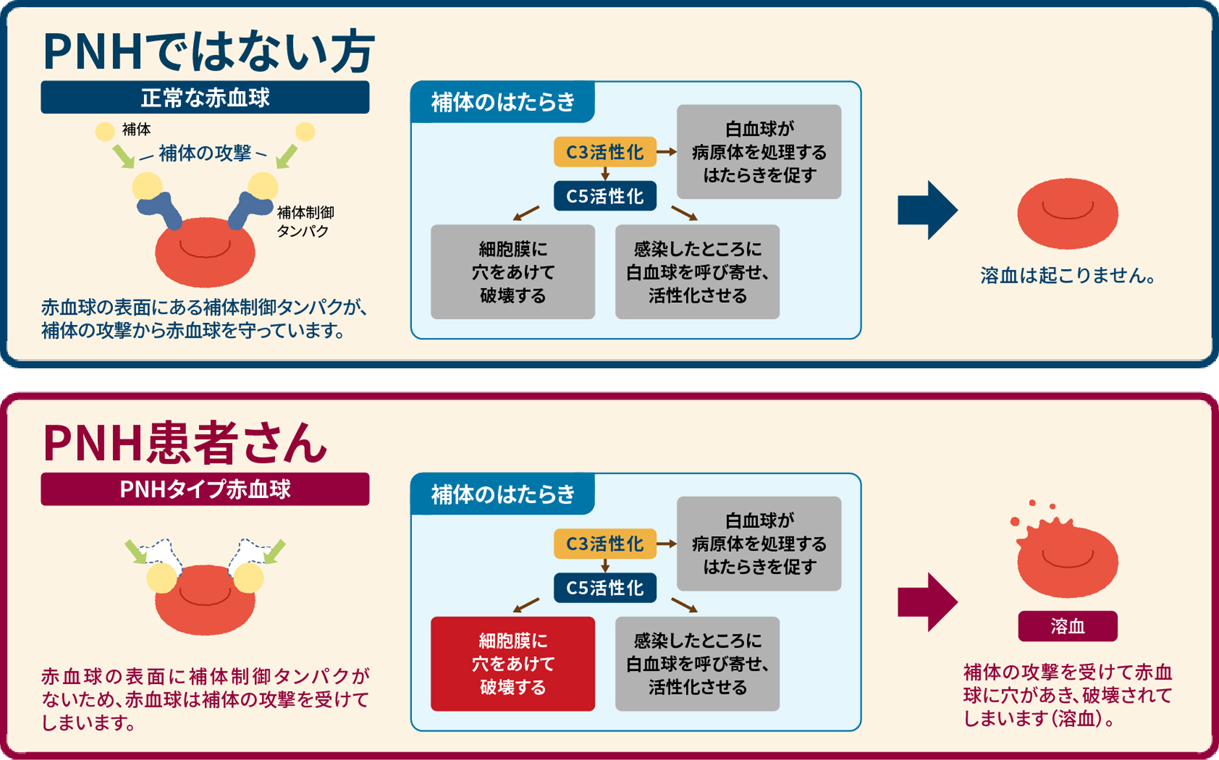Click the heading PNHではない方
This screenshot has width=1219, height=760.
(x=207, y=52)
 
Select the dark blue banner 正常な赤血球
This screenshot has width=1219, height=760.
(x=205, y=98)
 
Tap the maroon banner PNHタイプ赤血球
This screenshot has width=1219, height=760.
(x=205, y=489)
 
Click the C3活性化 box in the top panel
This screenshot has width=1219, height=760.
(x=604, y=152)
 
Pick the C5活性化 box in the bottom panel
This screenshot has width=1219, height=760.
(x=604, y=588)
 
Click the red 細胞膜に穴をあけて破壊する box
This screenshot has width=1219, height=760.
(x=512, y=663)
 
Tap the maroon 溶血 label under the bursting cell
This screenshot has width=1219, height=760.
(x=1067, y=626)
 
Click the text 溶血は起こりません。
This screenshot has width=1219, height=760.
(x=1068, y=276)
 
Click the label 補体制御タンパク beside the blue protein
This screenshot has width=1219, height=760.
(x=305, y=221)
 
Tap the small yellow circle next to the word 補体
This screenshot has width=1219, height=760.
(x=105, y=132)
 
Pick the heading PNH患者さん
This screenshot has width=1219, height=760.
(x=185, y=444)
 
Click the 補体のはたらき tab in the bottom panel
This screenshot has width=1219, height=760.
(x=503, y=494)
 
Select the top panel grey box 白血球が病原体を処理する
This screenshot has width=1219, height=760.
(x=759, y=152)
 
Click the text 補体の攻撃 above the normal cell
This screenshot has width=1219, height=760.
(x=204, y=153)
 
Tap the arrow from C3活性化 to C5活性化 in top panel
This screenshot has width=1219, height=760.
(x=605, y=174)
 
